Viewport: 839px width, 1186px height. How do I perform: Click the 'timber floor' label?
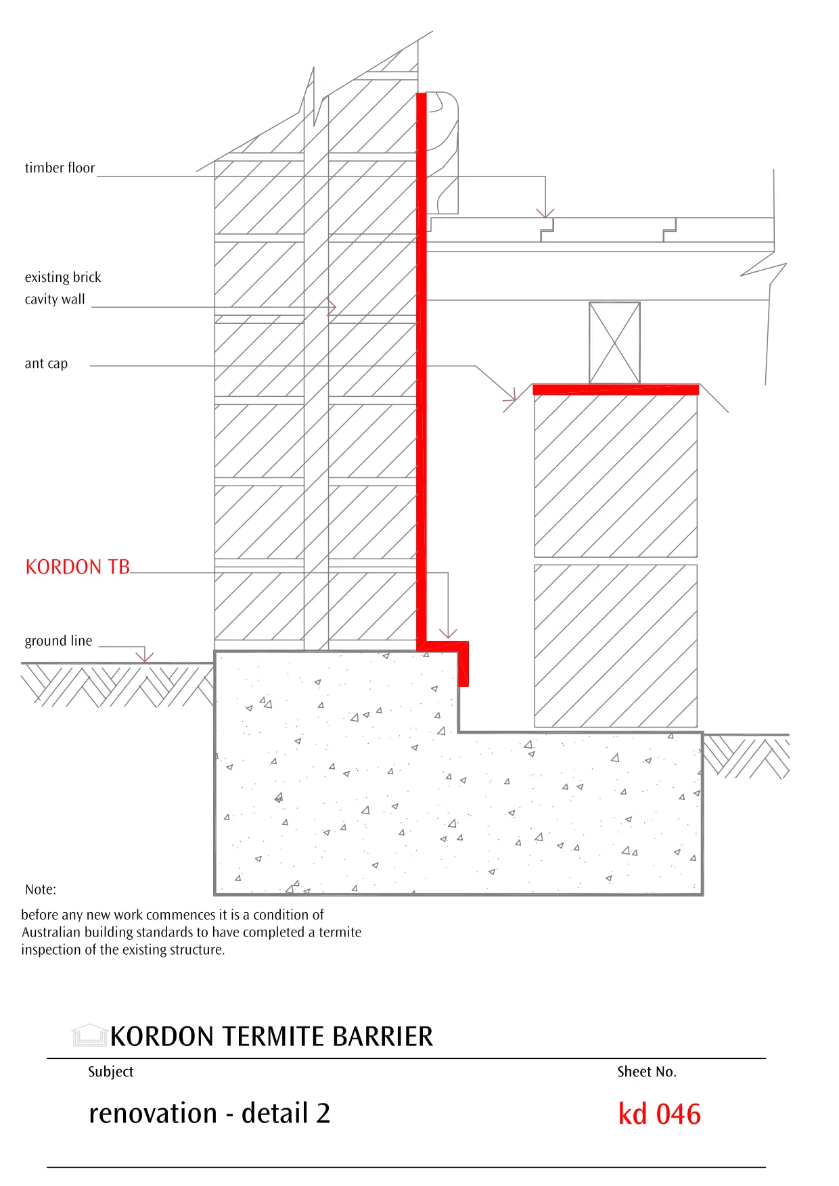60,168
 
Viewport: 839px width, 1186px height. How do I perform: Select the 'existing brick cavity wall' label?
62,288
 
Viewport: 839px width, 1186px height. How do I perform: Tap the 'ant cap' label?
46,364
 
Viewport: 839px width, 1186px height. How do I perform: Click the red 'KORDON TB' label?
77,567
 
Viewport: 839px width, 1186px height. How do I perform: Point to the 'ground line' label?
58,641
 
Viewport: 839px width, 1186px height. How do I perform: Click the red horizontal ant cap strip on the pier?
615,389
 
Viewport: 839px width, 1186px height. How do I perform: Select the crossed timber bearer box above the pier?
614,343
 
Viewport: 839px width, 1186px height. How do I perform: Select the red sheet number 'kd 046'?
659,1114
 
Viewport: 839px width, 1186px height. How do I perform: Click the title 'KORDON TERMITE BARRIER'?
271,1037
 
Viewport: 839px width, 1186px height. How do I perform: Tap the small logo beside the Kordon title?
89,1035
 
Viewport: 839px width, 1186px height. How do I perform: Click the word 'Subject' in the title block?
111,1072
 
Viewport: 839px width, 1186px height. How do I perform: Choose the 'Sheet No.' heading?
646,1072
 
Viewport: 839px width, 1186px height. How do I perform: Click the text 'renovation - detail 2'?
210,1114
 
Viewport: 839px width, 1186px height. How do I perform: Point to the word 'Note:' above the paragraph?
41,890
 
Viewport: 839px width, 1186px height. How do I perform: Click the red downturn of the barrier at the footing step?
463,666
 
